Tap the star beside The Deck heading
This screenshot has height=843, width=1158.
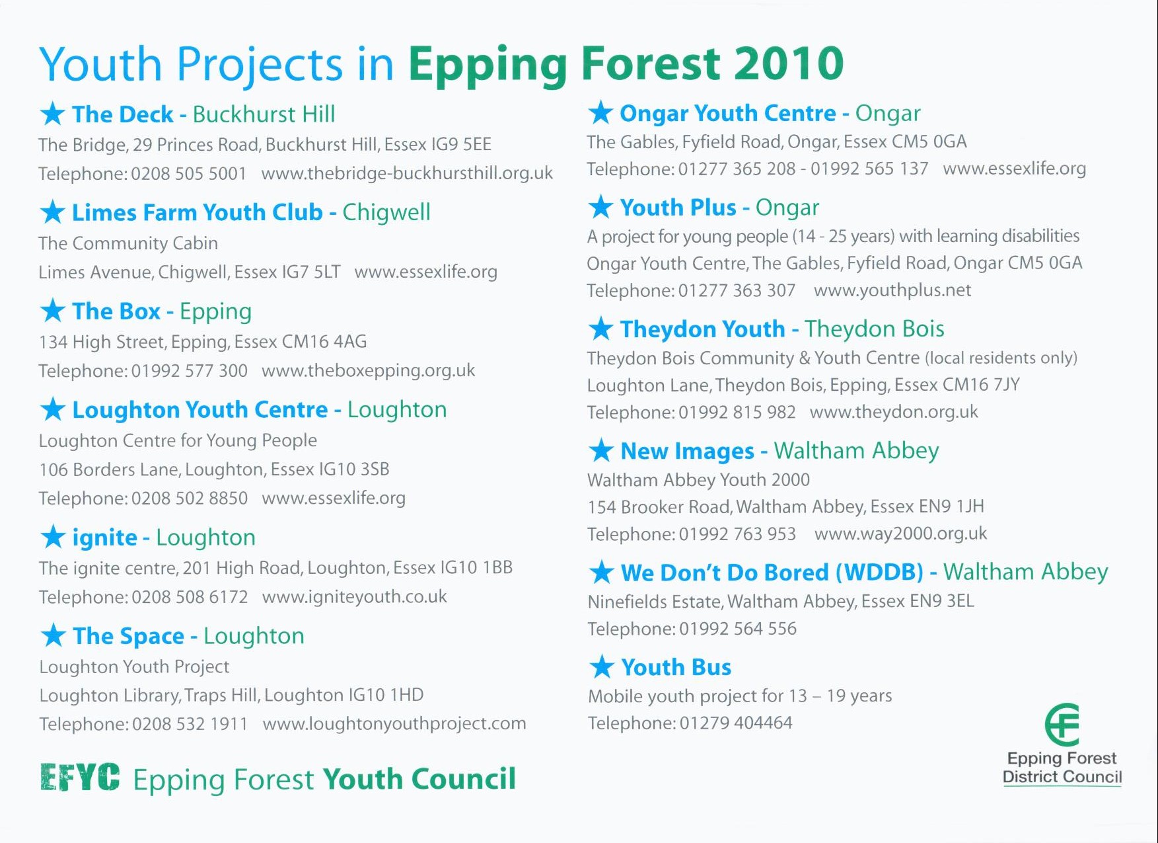53,114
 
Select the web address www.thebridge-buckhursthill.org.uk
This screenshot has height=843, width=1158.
407,173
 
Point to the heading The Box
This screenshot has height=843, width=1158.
116,311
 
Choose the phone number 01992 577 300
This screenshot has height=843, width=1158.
190,371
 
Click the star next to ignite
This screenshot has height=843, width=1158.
53,537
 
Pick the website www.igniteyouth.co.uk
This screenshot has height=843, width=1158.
355,597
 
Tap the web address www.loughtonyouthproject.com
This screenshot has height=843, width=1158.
394,724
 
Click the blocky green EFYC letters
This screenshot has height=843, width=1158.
80,778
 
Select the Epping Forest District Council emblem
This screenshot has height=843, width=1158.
1062,725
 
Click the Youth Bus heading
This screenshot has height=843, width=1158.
676,667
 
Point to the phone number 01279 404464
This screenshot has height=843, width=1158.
736,723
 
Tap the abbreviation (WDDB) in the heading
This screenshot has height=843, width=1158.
879,572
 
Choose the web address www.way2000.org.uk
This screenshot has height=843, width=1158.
901,534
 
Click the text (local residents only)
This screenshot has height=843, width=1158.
1001,358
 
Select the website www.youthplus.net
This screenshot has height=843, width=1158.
892,290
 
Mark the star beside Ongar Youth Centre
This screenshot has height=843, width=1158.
600,112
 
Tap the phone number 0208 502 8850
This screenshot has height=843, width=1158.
190,498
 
